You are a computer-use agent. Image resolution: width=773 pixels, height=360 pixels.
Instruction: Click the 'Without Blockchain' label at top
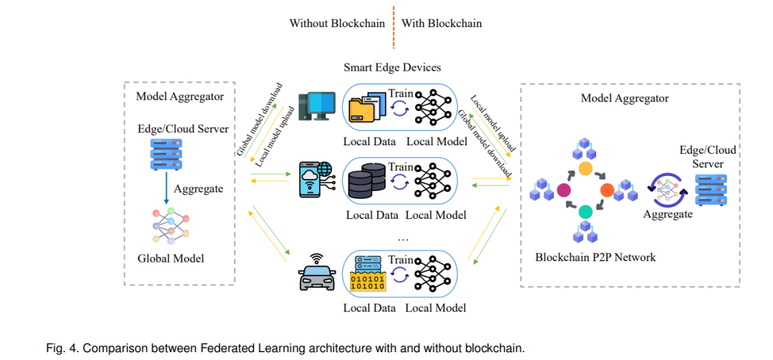pyautogui.click(x=337, y=23)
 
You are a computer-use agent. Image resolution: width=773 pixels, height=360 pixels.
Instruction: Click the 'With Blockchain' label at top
pyautogui.click(x=442, y=23)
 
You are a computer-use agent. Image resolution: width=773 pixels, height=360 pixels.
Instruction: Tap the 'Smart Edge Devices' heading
pyautogui.click(x=392, y=68)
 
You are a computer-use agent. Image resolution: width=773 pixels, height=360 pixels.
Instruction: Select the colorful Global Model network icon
pyautogui.click(x=171, y=226)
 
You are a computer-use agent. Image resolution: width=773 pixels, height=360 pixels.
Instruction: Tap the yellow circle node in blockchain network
pyautogui.click(x=585, y=170)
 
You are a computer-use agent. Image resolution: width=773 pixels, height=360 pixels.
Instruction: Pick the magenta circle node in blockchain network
pyautogui.click(x=564, y=190)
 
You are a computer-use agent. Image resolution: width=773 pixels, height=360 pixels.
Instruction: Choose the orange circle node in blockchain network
pyautogui.click(x=607, y=190)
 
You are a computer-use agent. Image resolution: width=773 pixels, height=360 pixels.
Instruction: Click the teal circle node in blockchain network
pyautogui.click(x=585, y=211)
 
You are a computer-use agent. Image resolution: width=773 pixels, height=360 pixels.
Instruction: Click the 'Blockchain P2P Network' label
pyautogui.click(x=595, y=257)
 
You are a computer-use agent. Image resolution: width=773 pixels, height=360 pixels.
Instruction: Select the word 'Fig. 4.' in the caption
pyautogui.click(x=62, y=349)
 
